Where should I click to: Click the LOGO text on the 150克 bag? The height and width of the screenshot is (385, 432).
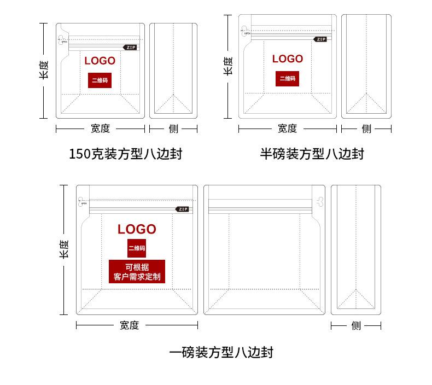(x=100, y=60)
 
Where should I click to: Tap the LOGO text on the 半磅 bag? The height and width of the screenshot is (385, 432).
(x=287, y=59)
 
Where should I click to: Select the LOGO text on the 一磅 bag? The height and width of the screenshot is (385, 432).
(x=137, y=229)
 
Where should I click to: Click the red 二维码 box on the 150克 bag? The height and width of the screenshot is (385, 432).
(x=100, y=80)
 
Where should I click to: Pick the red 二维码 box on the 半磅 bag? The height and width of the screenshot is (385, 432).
(x=287, y=78)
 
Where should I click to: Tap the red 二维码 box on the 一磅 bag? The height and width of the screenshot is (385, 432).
(x=137, y=248)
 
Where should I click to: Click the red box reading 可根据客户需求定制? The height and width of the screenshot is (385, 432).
(x=137, y=272)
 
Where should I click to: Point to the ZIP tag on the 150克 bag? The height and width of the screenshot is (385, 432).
(x=130, y=48)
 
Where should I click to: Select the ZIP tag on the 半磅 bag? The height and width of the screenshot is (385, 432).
(x=321, y=39)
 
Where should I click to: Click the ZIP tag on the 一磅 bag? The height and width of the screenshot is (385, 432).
(x=182, y=209)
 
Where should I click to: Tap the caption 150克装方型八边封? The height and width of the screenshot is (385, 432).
(x=125, y=154)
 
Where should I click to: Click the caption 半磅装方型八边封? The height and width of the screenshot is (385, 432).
(x=312, y=154)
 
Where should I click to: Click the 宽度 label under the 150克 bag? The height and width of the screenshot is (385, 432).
(x=100, y=129)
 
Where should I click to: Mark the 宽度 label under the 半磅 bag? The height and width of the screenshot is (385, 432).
(x=287, y=129)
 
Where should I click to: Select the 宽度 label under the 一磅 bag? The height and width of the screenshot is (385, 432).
(x=130, y=325)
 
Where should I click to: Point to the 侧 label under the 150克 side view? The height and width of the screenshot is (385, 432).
(x=173, y=129)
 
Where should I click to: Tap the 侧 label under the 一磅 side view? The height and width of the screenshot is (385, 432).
(x=356, y=326)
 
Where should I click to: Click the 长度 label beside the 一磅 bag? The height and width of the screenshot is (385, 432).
(x=63, y=249)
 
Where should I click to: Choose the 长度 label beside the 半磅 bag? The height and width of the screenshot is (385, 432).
(x=227, y=67)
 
